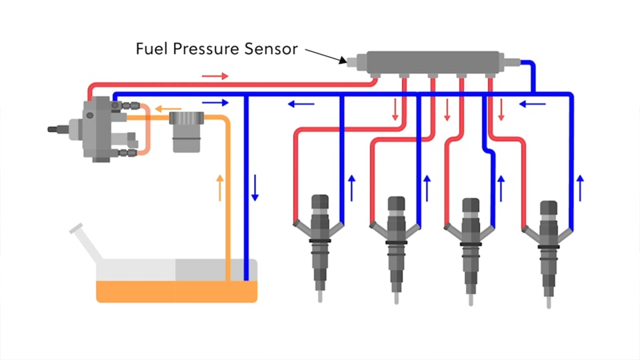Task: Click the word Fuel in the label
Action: click(x=150, y=49)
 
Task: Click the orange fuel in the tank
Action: click(x=177, y=291)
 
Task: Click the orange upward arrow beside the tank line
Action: click(x=220, y=188)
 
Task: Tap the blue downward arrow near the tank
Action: click(x=255, y=188)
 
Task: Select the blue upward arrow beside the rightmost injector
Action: click(x=581, y=187)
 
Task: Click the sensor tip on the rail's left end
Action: click(x=350, y=61)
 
